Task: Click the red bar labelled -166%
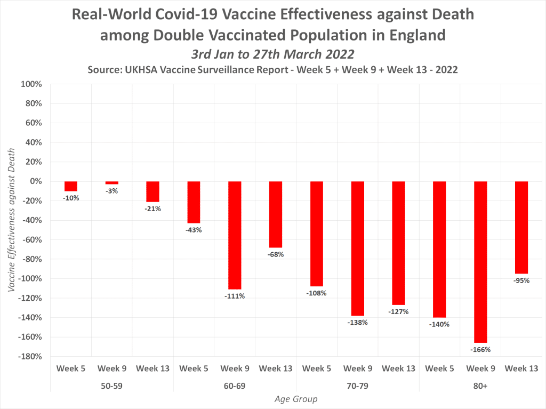click(x=481, y=261)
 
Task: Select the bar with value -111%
click(x=235, y=235)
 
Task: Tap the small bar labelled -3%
click(x=112, y=183)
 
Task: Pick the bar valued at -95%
click(x=521, y=227)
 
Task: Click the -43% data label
click(x=194, y=230)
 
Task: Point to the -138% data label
click(x=357, y=323)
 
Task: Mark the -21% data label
click(x=152, y=209)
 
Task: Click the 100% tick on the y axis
click(x=31, y=84)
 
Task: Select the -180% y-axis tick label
click(x=30, y=356)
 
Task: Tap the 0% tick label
click(x=35, y=181)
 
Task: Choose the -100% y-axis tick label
click(x=30, y=278)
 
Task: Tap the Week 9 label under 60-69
click(x=235, y=368)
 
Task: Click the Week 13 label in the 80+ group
click(x=521, y=368)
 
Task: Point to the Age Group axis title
click(x=296, y=399)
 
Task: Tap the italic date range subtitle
click(x=272, y=54)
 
